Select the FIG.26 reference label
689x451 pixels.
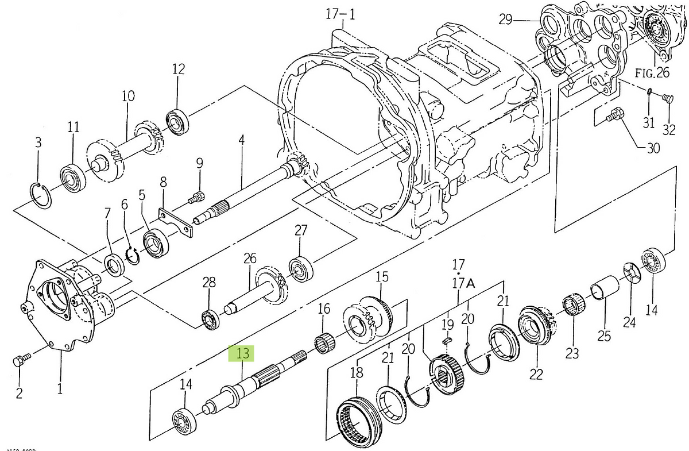(652, 73)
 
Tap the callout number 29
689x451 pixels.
(505, 20)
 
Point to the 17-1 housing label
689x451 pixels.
(340, 14)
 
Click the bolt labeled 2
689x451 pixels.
(19, 361)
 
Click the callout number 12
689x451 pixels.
(178, 70)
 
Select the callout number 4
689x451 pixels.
(242, 140)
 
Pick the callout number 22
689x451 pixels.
(536, 374)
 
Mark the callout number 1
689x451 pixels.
(60, 388)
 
